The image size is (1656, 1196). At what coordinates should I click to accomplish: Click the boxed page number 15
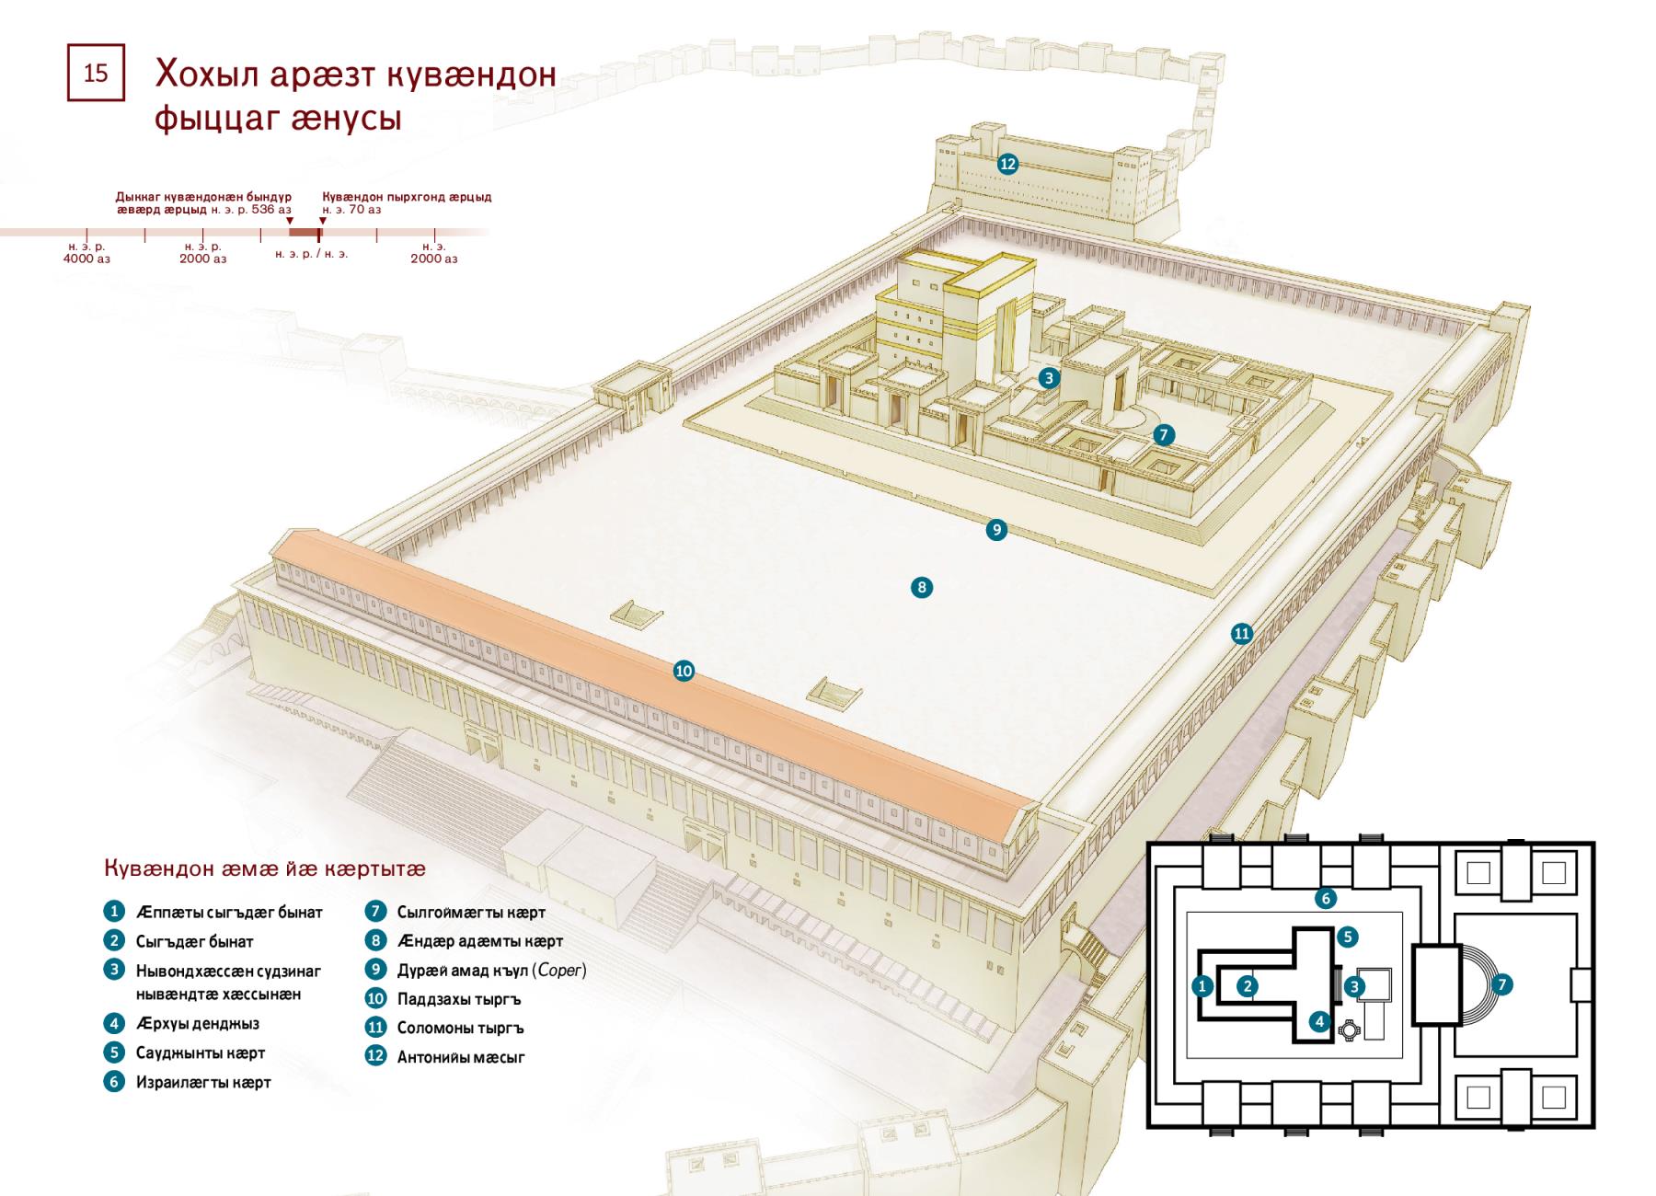(x=96, y=73)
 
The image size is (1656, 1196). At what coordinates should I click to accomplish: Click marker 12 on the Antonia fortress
(x=1007, y=164)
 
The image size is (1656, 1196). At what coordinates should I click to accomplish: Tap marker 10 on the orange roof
(x=684, y=671)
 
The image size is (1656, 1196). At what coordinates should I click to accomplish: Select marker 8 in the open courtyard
(x=921, y=587)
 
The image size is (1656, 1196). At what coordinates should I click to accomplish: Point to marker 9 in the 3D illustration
(x=996, y=529)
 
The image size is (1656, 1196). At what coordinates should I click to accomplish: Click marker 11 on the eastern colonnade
(x=1242, y=633)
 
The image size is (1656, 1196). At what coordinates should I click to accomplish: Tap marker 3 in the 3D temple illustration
(x=1049, y=377)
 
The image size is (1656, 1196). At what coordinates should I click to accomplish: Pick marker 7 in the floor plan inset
(x=1502, y=984)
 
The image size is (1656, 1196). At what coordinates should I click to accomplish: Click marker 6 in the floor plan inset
(x=1325, y=898)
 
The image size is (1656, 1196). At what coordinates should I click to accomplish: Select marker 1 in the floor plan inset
(x=1202, y=986)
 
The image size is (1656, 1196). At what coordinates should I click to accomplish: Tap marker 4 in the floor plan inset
(x=1319, y=1020)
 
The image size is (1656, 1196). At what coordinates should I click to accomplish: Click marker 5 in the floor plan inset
(x=1347, y=937)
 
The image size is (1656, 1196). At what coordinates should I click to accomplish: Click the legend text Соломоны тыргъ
(x=460, y=1028)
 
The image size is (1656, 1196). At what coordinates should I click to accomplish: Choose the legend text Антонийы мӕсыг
(x=461, y=1057)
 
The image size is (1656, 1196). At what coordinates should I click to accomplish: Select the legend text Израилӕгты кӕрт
(x=203, y=1082)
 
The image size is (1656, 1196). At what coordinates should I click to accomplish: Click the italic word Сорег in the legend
(x=560, y=970)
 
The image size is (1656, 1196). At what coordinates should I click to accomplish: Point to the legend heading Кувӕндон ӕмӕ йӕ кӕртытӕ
(x=265, y=868)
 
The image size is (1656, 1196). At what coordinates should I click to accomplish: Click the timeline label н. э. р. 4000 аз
(x=86, y=253)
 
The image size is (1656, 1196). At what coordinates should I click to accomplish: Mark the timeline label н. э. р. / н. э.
(x=311, y=253)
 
